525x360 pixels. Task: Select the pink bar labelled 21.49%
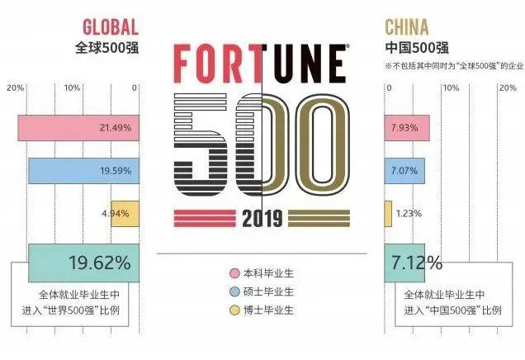78,129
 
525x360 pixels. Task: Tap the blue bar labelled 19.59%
83,171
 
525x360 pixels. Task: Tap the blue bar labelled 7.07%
404,171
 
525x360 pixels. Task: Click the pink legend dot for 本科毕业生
234,273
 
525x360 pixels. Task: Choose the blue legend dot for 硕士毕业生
234,291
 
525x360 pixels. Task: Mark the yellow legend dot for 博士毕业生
234,310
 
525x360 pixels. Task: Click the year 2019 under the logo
262,219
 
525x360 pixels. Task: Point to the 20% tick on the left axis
14,87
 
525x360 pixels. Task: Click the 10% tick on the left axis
73,87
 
